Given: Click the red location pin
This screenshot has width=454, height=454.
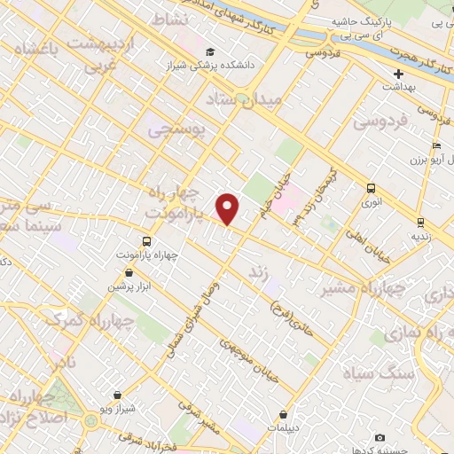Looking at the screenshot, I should point(229,208).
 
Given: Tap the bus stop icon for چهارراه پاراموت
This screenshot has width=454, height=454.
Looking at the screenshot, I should point(146,240).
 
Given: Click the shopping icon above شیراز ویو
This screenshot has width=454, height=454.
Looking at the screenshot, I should point(116,395).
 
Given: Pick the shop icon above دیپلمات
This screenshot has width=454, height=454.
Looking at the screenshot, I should point(283,414).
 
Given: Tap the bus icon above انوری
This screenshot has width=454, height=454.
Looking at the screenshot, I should point(372,188).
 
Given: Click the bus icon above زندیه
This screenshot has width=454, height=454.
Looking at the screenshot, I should point(419,223).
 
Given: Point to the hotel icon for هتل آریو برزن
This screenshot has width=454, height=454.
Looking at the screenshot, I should point(435,146).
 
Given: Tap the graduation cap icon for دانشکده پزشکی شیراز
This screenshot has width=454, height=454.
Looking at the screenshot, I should point(209,51).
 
